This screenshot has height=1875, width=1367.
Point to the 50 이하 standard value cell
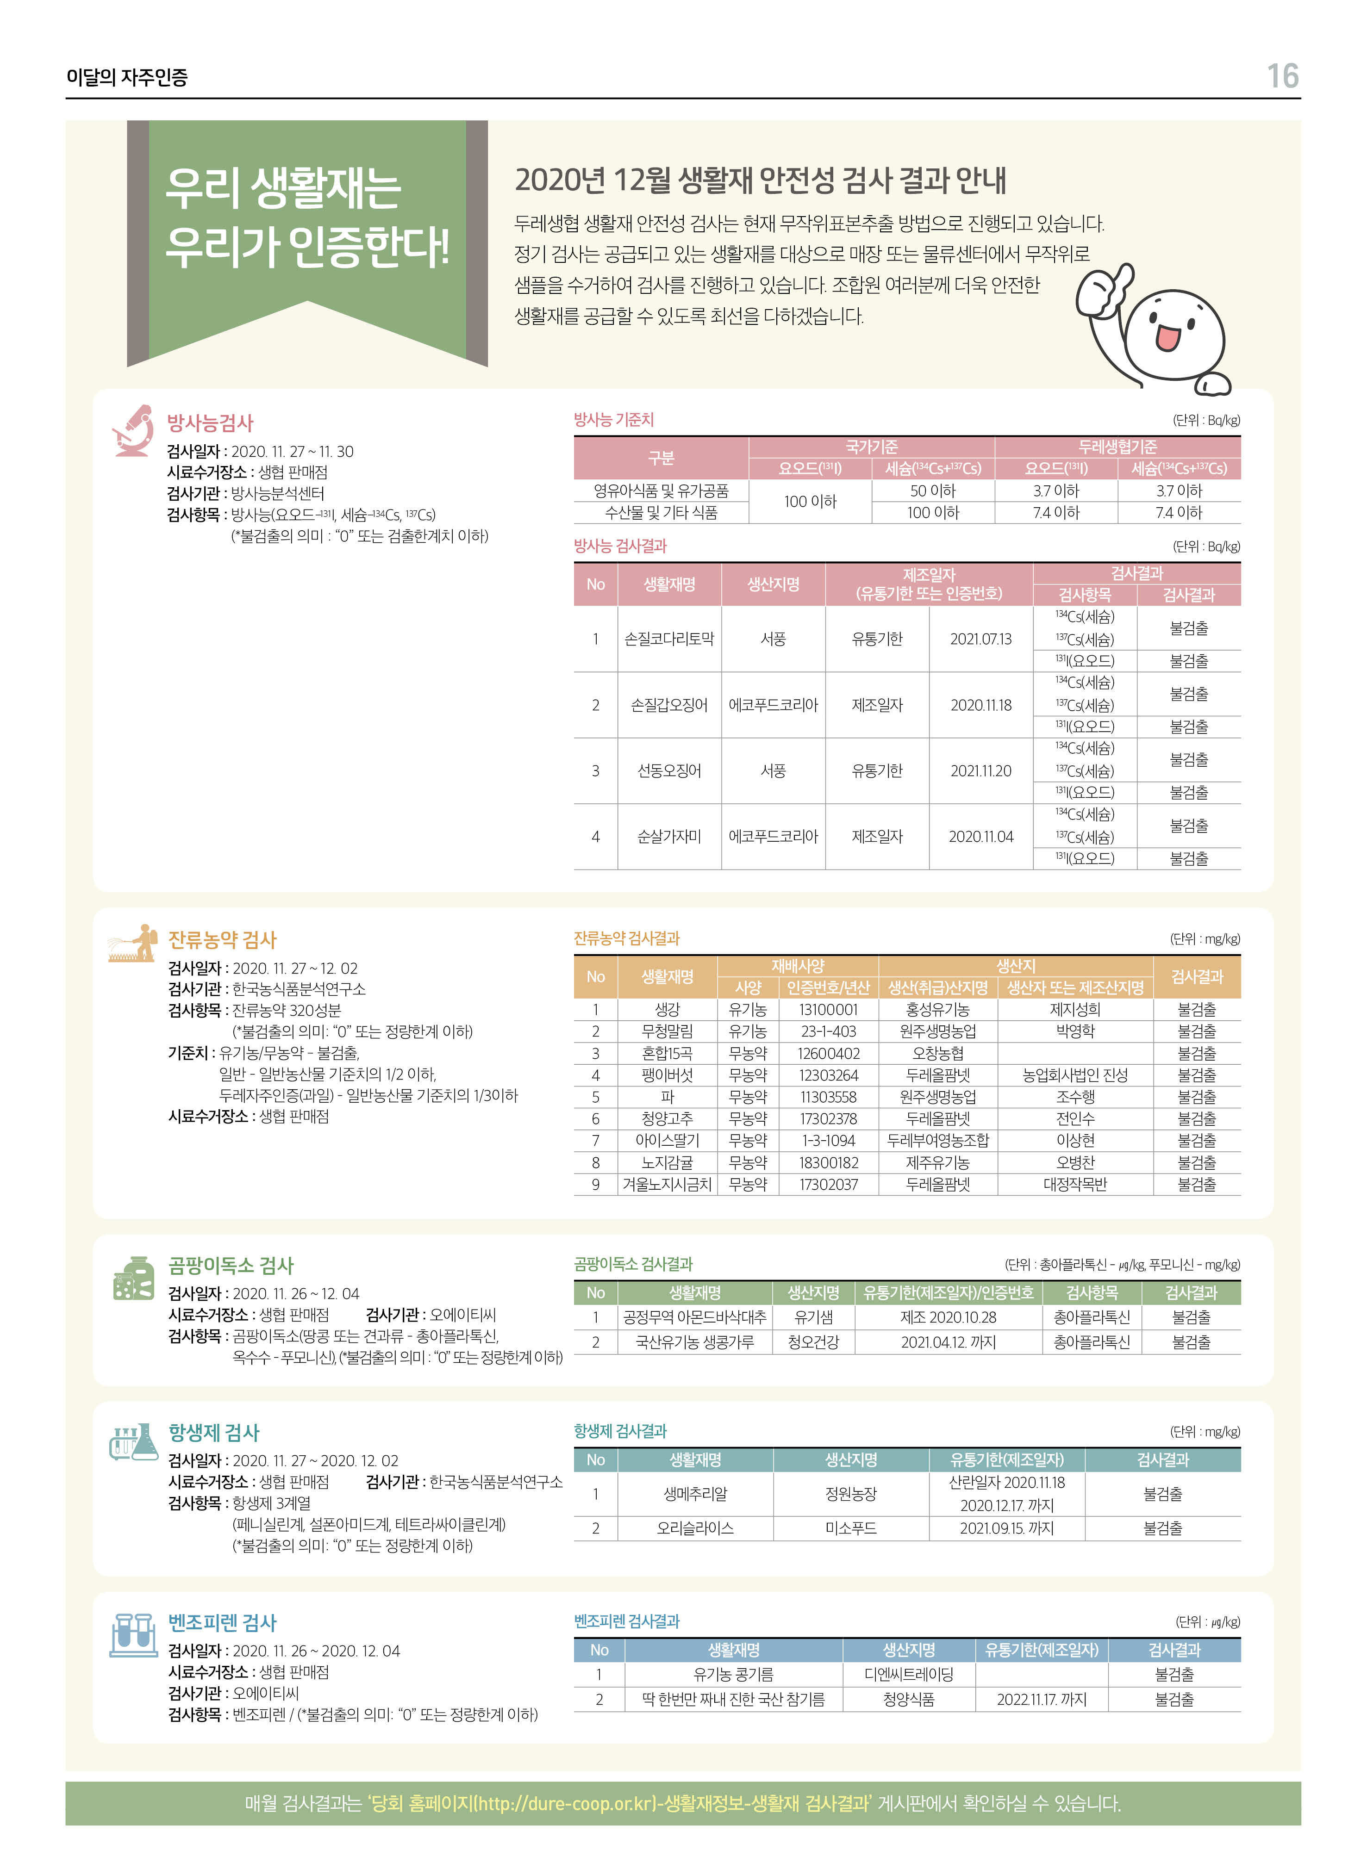click(933, 490)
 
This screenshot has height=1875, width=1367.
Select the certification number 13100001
click(828, 1009)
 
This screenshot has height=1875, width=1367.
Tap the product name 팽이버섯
click(667, 1075)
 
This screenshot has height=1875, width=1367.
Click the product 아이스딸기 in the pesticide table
click(667, 1141)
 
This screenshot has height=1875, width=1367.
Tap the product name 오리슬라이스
click(695, 1528)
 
